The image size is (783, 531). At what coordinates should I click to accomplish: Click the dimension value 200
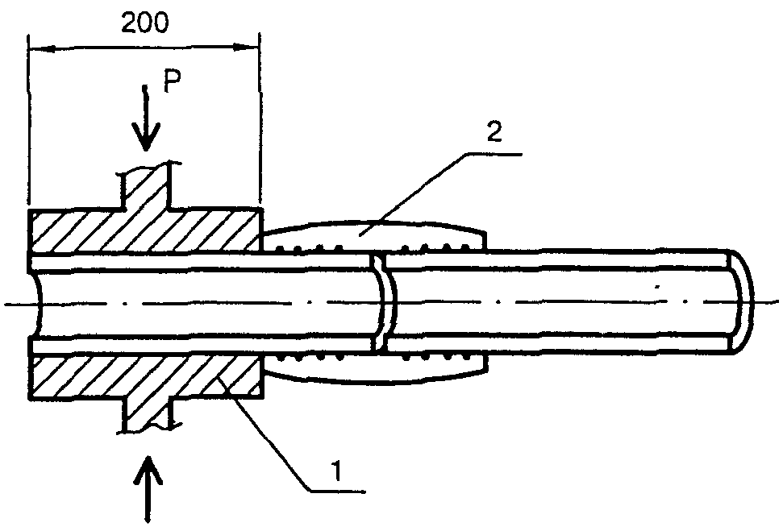point(145,23)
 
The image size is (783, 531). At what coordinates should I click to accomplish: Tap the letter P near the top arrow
point(173,81)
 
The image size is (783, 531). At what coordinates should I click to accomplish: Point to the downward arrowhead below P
point(145,137)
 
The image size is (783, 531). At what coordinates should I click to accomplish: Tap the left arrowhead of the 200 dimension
point(44,49)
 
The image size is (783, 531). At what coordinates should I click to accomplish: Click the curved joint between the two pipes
point(385,303)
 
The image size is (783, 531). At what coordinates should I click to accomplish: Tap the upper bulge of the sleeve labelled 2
point(374,234)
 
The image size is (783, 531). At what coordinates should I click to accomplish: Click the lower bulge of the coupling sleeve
point(374,368)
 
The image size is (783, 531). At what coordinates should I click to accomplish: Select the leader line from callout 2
point(439,193)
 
